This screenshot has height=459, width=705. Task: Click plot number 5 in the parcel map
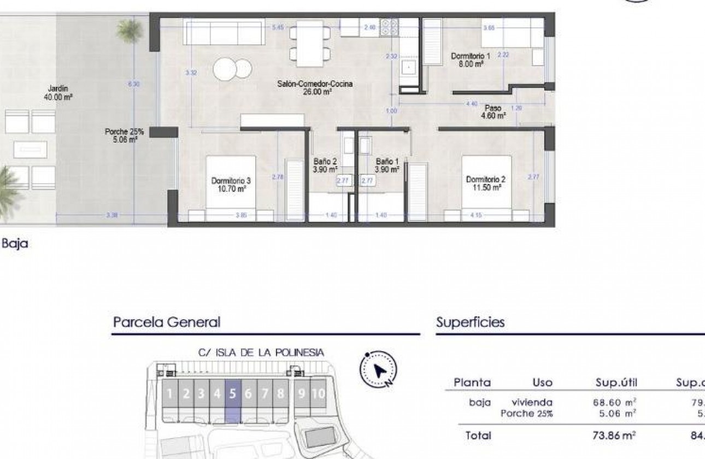tap(233, 393)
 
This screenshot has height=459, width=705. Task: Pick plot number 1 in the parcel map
tap(170, 393)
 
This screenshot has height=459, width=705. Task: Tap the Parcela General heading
tap(166, 322)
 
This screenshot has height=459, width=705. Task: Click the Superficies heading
tap(470, 322)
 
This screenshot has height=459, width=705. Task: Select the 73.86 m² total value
tap(615, 436)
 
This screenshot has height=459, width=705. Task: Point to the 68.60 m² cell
tap(615, 402)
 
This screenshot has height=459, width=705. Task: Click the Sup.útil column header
tap(616, 382)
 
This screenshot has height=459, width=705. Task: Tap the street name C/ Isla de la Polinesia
tap(261, 352)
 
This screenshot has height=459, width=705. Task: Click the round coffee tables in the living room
tap(232, 69)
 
